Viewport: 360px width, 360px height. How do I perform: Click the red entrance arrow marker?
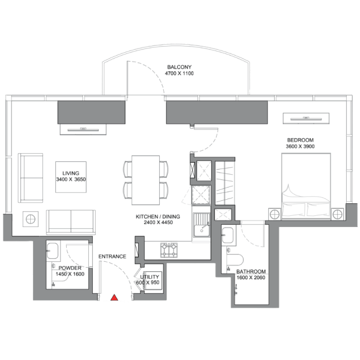(114, 298)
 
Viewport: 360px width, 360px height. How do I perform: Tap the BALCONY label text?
(179, 67)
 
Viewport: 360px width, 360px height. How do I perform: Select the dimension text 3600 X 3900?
(300, 146)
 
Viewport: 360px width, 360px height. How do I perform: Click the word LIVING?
(71, 174)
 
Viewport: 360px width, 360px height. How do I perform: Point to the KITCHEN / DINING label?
(158, 217)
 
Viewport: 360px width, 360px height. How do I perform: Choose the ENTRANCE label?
(112, 257)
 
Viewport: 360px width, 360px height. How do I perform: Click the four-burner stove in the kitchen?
(169, 250)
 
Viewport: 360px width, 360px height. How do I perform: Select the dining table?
(146, 180)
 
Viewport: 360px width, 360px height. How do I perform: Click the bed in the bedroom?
(306, 186)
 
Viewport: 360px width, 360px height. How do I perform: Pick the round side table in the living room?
(31, 219)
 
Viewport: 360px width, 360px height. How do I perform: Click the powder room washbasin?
(53, 251)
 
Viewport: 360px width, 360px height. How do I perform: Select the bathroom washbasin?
(228, 235)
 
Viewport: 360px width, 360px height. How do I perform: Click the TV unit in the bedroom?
(306, 118)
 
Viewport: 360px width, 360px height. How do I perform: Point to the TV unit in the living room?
(83, 129)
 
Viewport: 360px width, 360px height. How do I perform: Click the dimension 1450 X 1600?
(70, 274)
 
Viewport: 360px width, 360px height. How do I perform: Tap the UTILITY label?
(149, 276)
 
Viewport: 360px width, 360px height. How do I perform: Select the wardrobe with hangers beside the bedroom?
(225, 183)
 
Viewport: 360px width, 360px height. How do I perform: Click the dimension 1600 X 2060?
(251, 278)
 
